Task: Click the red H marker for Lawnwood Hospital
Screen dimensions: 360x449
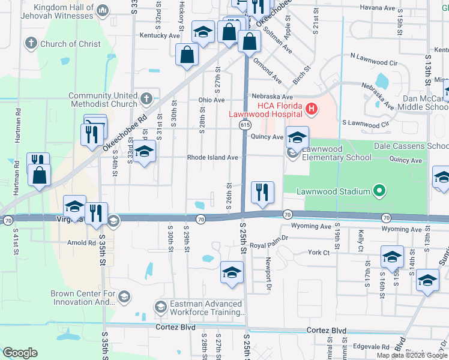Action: (311, 109)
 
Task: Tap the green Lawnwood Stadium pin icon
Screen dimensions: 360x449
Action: (379, 191)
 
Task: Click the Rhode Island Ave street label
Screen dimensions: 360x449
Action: (213, 158)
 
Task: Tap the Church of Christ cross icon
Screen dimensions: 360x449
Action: (31, 44)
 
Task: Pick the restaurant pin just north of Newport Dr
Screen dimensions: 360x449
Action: (262, 193)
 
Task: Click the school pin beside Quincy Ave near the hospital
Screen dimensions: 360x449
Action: (297, 137)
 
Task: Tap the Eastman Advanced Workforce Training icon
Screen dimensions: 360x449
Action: (160, 308)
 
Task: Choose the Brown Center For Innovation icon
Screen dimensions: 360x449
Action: (124, 297)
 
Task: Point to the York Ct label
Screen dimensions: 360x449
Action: (319, 253)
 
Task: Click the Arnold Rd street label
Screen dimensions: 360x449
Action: (81, 243)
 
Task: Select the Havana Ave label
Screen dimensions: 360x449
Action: (378, 8)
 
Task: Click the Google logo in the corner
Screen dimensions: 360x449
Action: (20, 353)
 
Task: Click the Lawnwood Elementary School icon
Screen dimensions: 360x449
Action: (292, 153)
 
